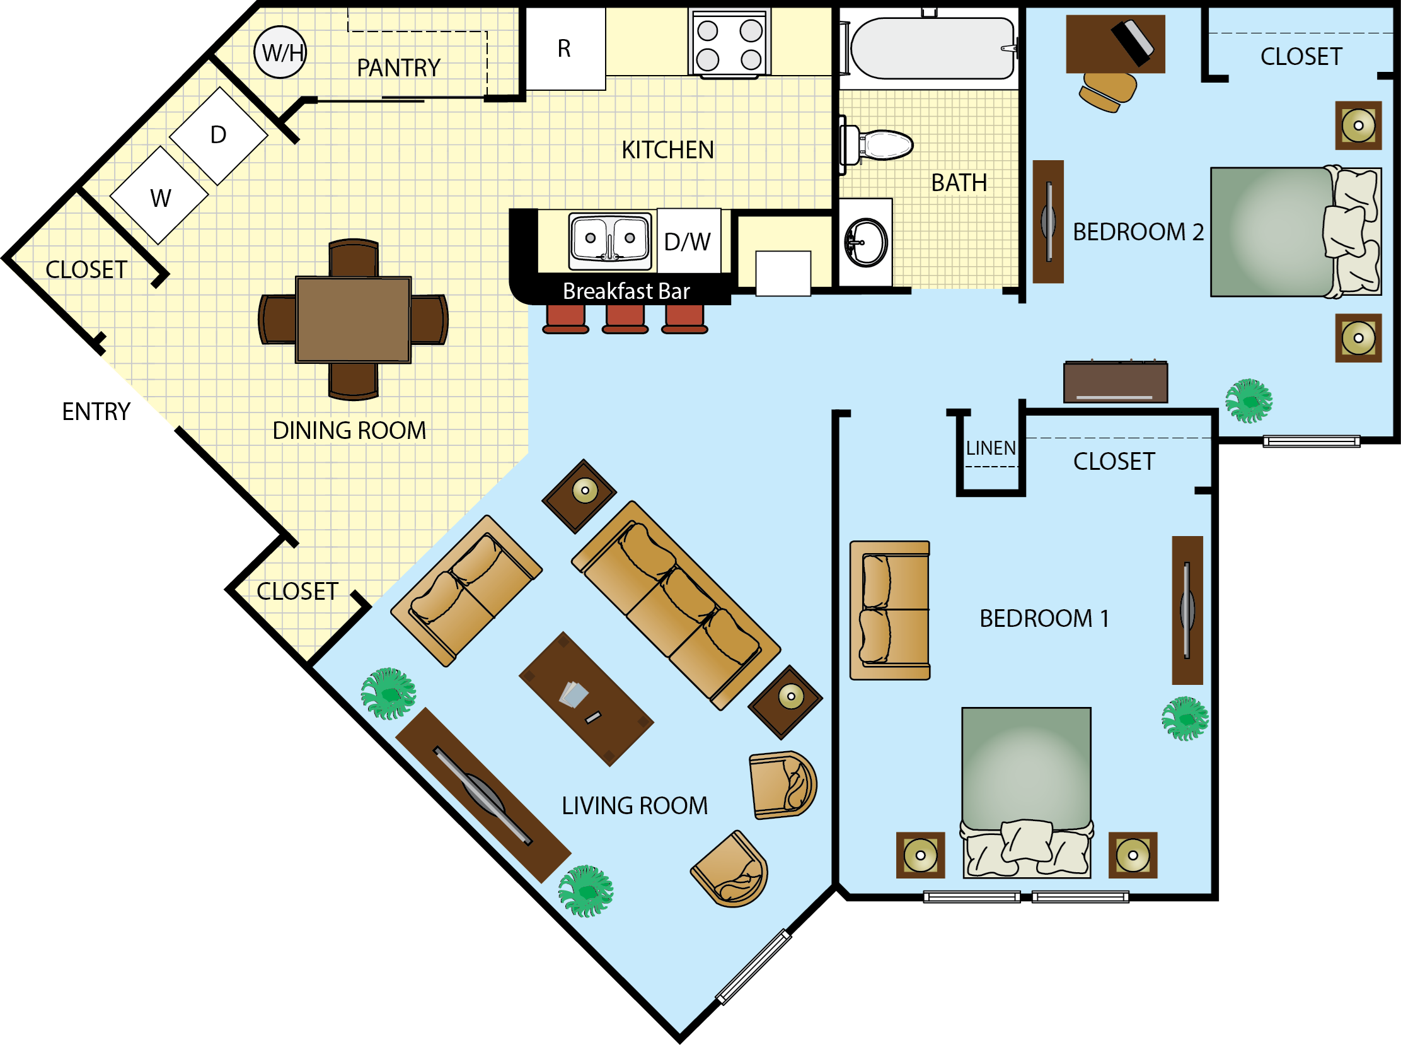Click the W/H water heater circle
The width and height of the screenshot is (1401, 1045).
tap(280, 52)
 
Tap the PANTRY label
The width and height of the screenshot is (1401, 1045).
tap(398, 67)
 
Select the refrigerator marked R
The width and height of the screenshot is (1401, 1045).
tap(565, 49)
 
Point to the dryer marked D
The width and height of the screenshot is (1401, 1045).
tap(219, 136)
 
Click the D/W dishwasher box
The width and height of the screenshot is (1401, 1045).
tap(688, 242)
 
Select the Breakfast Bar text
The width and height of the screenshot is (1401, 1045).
tap(626, 291)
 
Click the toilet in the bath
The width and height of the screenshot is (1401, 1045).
tap(882, 145)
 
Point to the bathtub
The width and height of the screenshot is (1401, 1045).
tap(931, 48)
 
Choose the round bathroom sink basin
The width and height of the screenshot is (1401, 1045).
tap(865, 242)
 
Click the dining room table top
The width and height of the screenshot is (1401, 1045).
tap(354, 320)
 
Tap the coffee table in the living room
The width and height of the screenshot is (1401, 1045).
tap(586, 698)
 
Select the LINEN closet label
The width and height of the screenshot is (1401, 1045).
tap(990, 448)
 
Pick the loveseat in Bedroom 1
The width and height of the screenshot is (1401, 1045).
tap(890, 610)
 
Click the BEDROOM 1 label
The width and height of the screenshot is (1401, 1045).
tap(1044, 619)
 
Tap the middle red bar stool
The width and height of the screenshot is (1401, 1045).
tap(625, 318)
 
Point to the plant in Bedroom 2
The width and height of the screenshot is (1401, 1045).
tap(1248, 400)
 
